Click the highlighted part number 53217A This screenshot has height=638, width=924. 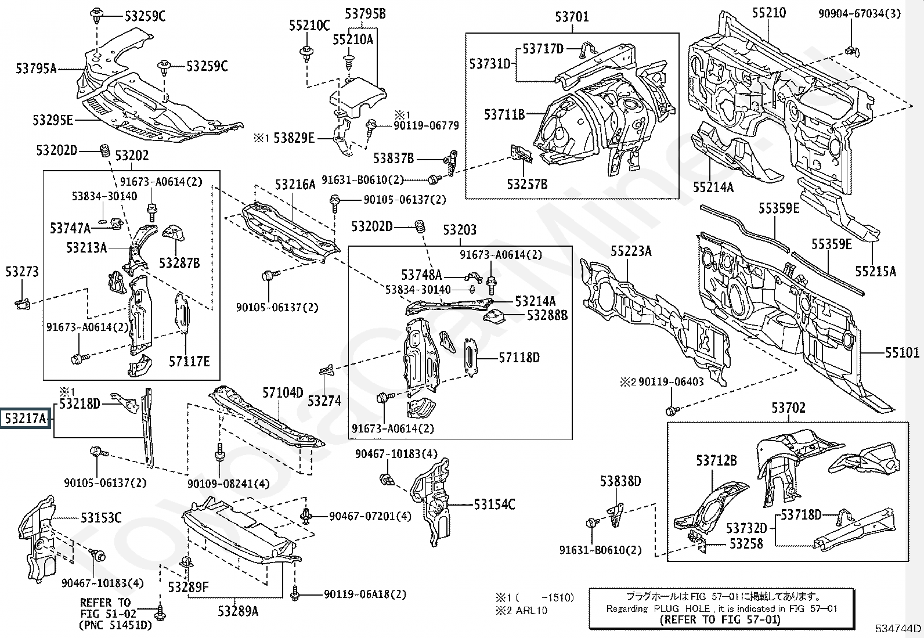26,418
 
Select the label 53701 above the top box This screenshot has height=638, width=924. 572,17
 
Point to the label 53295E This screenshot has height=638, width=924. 53,120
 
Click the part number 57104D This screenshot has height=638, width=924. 283,393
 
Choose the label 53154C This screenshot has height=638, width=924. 494,504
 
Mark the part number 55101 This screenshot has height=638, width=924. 902,352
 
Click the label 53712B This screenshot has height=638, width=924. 716,460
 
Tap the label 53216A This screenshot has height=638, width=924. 295,185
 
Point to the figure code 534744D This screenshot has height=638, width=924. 898,628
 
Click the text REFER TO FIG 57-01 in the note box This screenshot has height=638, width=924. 720,619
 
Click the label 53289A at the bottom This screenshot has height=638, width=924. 238,611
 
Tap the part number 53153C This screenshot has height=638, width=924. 101,517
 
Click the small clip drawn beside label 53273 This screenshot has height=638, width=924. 21,302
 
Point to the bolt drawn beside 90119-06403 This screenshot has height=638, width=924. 672,410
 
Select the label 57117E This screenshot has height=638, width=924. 189,361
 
